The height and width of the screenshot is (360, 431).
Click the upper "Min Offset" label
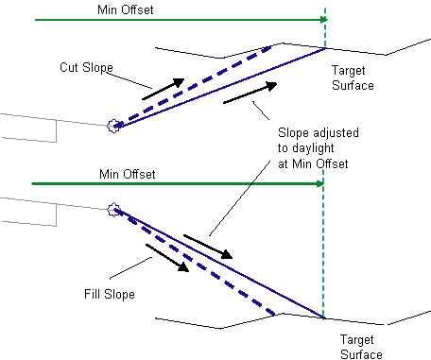(126, 9)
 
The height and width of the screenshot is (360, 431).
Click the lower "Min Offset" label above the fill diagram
(128, 174)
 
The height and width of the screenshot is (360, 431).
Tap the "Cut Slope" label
(86, 67)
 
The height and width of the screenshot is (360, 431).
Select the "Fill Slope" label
(110, 294)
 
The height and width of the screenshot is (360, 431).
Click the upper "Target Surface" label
(353, 77)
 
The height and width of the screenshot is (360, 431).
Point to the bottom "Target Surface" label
(361, 347)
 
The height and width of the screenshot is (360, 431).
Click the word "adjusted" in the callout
(336, 133)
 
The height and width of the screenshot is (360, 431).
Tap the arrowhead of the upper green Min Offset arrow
(324, 20)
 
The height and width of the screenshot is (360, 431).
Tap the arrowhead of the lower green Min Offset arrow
(319, 183)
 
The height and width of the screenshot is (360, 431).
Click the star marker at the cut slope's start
(113, 126)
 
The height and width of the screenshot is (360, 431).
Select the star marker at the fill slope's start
(113, 210)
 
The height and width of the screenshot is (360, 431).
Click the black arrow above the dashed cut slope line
(164, 89)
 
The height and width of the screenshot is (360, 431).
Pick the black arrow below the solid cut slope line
(250, 93)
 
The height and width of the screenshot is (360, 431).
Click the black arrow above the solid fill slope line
(208, 247)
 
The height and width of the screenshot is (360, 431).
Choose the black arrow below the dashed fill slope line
(167, 258)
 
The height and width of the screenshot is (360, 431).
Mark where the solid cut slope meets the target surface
(325, 48)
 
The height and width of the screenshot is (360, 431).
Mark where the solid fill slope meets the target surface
(323, 317)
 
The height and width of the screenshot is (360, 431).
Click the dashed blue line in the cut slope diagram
(193, 87)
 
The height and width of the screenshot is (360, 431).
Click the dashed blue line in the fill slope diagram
(196, 262)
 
